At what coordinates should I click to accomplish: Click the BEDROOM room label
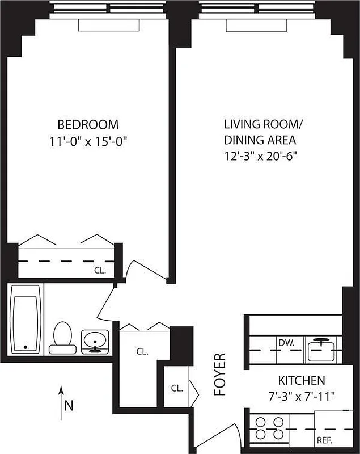pos(88,124)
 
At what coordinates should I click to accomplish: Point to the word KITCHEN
pos(301,380)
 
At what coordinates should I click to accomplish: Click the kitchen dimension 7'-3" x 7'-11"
pos(301,395)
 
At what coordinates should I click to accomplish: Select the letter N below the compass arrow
pos(68,405)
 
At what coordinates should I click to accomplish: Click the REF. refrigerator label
pos(325,440)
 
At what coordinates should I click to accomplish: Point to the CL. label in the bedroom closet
pos(100,270)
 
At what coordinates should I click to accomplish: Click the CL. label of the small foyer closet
pos(177,388)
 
